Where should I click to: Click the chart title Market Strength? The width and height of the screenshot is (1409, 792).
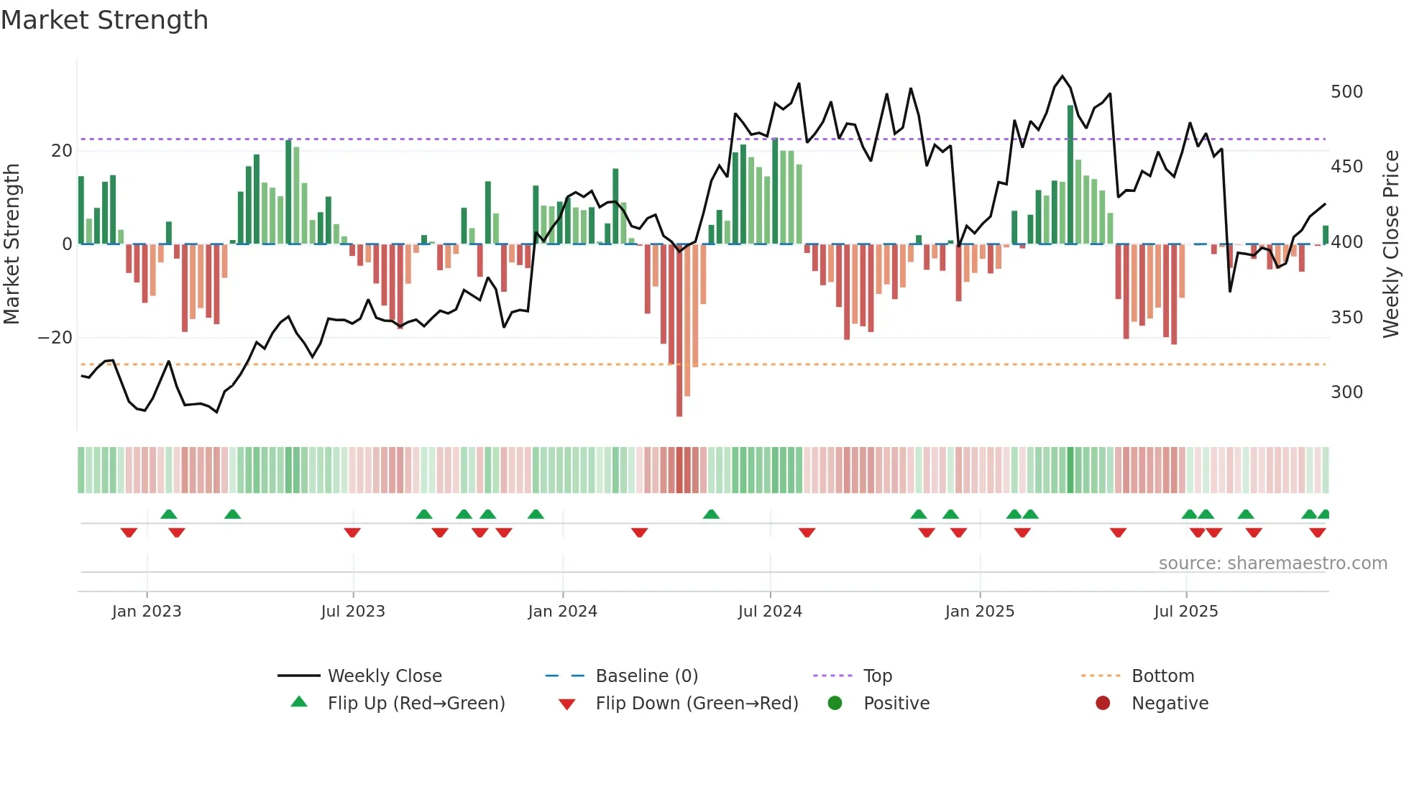(104, 20)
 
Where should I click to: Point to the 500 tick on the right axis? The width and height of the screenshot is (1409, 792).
(1346, 92)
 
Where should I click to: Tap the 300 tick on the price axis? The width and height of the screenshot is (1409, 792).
(1346, 392)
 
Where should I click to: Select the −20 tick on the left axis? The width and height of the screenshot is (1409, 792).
(55, 338)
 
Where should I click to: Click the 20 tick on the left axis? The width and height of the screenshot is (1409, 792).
(62, 151)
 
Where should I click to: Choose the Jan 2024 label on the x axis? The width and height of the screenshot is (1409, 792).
(562, 612)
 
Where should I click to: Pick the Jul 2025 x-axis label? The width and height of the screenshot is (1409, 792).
(1185, 612)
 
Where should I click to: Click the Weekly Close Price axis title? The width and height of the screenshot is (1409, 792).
(1391, 244)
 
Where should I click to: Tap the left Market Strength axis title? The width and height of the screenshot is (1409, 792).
(12, 244)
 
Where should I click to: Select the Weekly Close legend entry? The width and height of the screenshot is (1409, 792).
(384, 676)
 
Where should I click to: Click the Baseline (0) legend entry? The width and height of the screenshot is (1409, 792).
(646, 676)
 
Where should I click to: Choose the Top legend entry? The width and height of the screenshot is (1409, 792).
(877, 676)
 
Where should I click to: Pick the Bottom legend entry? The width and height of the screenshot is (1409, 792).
(1162, 676)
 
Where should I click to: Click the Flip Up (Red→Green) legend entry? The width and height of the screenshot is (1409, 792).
(416, 704)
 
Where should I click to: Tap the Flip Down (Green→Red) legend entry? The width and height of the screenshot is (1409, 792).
(696, 704)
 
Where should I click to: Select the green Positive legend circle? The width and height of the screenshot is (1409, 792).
(835, 704)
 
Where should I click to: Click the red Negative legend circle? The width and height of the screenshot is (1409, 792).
(1103, 704)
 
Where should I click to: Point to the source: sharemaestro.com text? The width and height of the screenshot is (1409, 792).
(1272, 563)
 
